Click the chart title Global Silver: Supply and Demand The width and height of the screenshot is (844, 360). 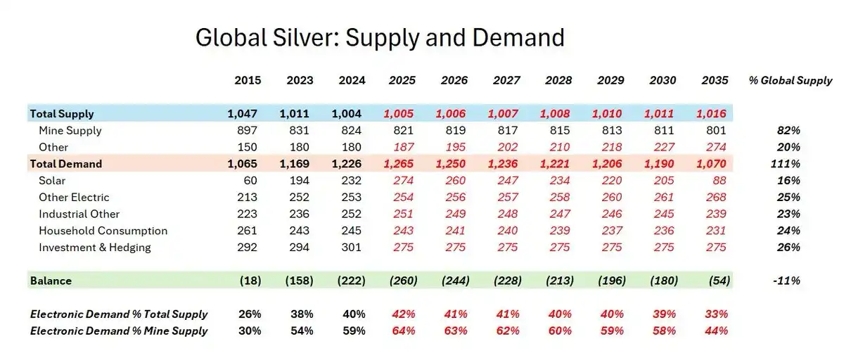point(380,37)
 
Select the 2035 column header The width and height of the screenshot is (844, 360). point(715,80)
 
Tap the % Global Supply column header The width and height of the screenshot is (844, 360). point(791,80)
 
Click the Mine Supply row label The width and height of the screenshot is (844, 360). point(70,130)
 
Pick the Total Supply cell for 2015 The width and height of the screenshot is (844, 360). point(244,114)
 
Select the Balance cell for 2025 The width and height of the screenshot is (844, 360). point(402,281)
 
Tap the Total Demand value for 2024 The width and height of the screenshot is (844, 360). point(349,164)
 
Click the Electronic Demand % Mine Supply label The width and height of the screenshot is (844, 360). point(119,330)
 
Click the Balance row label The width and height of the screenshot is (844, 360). point(51,281)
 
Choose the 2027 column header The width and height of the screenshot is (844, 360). point(506,80)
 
